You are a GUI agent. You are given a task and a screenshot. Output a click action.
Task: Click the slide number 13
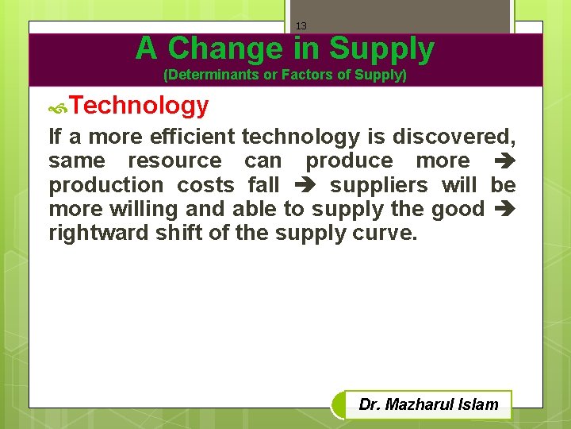tap(301, 26)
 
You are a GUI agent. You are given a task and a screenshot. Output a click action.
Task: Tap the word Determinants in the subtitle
tap(206, 75)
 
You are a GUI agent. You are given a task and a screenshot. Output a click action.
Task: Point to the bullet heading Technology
tap(140, 106)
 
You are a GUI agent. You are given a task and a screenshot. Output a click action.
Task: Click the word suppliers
tap(379, 185)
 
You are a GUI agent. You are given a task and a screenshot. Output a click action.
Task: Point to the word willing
tap(138, 209)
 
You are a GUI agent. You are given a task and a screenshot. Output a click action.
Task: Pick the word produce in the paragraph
tap(349, 160)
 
